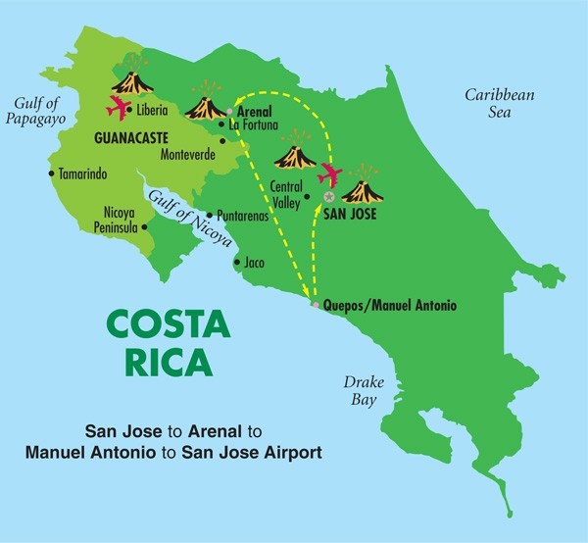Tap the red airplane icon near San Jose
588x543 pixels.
click(x=330, y=174)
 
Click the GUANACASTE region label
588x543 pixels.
click(x=134, y=138)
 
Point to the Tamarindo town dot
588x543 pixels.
click(x=51, y=174)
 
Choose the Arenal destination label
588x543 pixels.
click(x=255, y=112)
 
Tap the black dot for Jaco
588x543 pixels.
click(x=235, y=263)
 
